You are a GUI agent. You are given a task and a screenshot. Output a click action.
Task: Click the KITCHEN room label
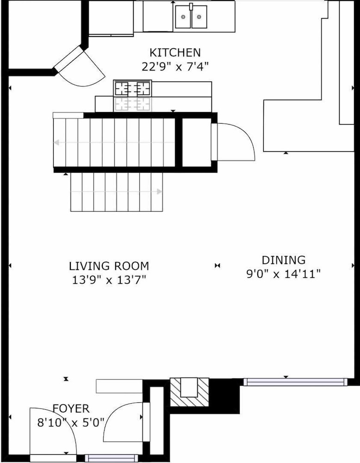click(x=175, y=53)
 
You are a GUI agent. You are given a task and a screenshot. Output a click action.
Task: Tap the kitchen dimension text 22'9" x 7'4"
click(x=175, y=66)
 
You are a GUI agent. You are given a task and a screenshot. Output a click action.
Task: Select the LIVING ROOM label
click(x=109, y=266)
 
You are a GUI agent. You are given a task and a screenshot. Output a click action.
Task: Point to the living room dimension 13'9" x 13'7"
click(x=109, y=280)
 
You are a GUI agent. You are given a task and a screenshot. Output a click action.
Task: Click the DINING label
click(x=284, y=260)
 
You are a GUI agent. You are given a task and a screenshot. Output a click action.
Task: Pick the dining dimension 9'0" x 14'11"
click(x=283, y=274)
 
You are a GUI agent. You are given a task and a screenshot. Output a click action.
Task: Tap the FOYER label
click(x=71, y=409)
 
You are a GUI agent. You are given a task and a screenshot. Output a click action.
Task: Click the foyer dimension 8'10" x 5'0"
click(x=71, y=423)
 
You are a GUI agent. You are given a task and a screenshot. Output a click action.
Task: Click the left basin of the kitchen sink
click(x=183, y=17)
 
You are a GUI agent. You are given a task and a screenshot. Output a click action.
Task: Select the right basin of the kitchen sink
click(x=199, y=17)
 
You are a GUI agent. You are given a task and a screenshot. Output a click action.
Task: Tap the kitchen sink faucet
click(x=191, y=7)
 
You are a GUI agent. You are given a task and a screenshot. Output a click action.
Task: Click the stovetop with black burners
click(x=132, y=88)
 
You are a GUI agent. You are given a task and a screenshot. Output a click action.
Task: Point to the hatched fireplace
click(x=189, y=392)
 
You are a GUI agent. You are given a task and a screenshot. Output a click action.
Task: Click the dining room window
click(x=295, y=382)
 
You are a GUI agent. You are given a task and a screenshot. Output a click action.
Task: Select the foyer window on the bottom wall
click(x=111, y=458)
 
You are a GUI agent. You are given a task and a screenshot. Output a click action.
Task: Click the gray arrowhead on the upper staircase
click(x=56, y=143)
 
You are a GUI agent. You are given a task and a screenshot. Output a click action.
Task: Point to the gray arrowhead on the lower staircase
click(x=159, y=192)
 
